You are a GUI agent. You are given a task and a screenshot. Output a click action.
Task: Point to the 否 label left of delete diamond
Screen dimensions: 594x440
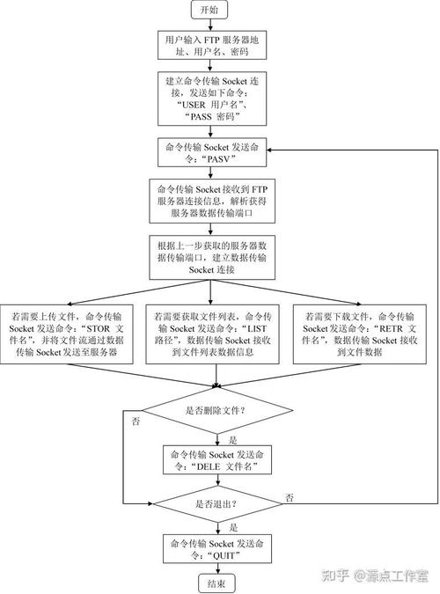[x=135, y=422]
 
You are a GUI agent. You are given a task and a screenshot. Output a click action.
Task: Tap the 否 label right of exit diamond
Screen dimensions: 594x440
[x=290, y=498]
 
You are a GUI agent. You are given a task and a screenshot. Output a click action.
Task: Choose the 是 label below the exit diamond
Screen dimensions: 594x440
[x=232, y=528]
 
